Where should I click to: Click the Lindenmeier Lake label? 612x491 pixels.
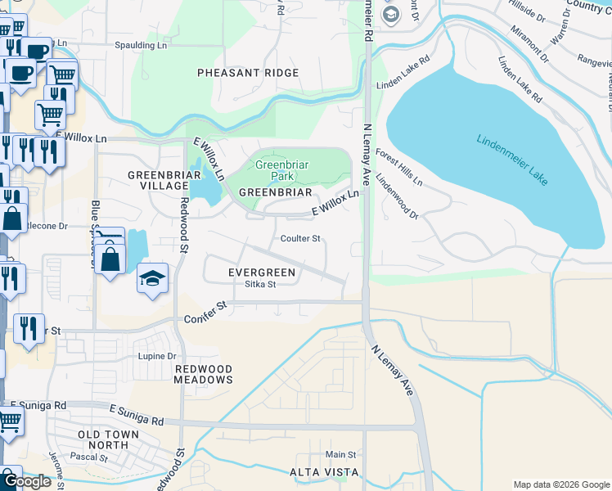[x=512, y=159]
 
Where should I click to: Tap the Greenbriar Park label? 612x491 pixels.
[x=273, y=169]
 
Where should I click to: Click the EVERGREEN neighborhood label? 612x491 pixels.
[x=261, y=272]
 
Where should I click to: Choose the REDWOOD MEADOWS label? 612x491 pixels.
[x=204, y=374]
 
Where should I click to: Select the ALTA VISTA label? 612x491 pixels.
[x=324, y=472]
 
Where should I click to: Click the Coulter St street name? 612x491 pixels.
[x=299, y=239]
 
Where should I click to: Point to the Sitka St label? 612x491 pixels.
[x=261, y=285]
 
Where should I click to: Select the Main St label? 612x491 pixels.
[x=340, y=454]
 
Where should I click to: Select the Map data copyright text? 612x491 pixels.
[x=560, y=484]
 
